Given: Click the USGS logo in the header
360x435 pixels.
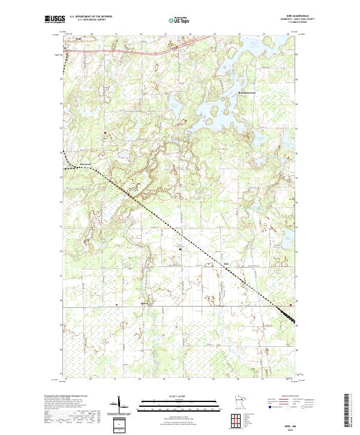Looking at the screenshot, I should point(55,19).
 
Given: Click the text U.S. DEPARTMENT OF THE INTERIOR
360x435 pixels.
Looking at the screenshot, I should point(91,17).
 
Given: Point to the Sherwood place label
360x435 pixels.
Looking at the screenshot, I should point(84,164).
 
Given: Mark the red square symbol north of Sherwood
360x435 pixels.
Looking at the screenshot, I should point(105,132).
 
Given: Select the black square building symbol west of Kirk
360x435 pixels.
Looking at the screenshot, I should point(180,249).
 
